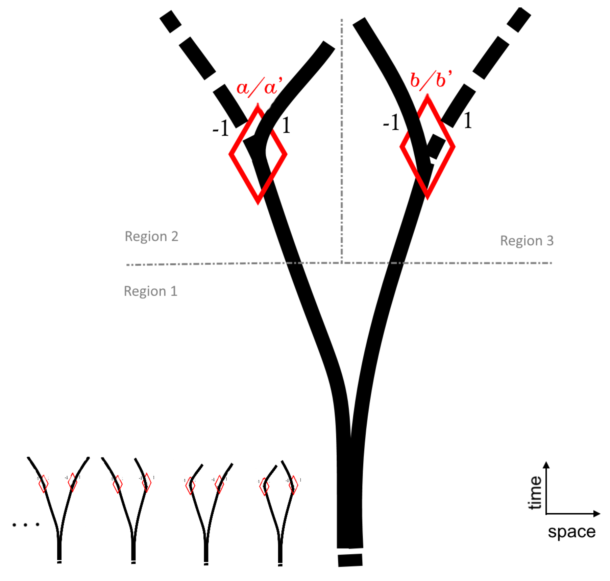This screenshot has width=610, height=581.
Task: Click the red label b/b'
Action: [x=431, y=81]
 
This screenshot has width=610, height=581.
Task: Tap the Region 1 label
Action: [x=150, y=291]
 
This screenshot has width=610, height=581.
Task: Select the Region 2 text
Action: [x=151, y=236]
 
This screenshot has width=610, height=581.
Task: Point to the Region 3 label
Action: [x=527, y=241]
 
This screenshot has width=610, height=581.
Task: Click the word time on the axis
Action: [x=535, y=493]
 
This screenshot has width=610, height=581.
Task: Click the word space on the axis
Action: [x=571, y=532]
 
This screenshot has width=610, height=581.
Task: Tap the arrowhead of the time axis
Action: [x=546, y=465]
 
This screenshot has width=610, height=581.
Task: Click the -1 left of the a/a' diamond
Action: [x=221, y=128]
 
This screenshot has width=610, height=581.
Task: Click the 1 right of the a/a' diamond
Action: [x=286, y=125]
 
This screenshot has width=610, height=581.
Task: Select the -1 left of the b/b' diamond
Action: [x=391, y=122]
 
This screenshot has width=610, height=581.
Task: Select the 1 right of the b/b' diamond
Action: [x=468, y=120]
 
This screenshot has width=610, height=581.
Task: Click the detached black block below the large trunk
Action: [x=350, y=560]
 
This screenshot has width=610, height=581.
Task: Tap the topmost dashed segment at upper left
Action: [x=170, y=22]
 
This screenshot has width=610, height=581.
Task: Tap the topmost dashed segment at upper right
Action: [x=519, y=20]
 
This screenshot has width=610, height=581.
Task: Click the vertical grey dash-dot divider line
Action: [x=342, y=142]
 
